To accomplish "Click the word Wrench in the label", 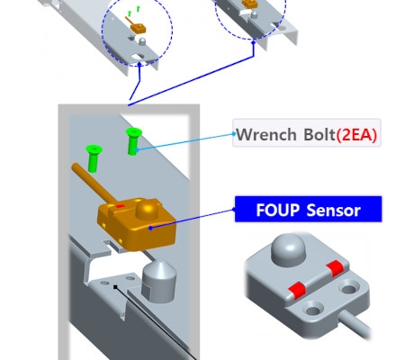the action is pos(265,134).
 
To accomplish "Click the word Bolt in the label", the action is pos(319,134).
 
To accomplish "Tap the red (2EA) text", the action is pos(356,134).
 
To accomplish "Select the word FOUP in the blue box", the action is pos(277,210).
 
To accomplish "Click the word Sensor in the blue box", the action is pos(334,210).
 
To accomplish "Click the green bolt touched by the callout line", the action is pos(133,141).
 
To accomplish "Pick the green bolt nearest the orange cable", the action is pos(94,158).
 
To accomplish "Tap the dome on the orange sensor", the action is pos(147,209).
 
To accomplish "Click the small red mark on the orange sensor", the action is pos(120,206).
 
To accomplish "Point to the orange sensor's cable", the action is pos(93,182).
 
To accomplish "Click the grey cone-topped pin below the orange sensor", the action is pos(158,281).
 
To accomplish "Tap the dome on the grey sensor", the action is pos(288,250).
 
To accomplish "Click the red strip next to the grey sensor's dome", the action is pos(335,268).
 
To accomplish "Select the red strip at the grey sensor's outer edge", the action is pos(297,291).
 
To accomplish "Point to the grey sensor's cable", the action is pos(355,325).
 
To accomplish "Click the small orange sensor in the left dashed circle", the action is pos(138,28).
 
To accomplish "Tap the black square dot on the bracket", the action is pos(115,287).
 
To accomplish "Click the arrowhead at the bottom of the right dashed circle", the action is pos(254,42).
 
